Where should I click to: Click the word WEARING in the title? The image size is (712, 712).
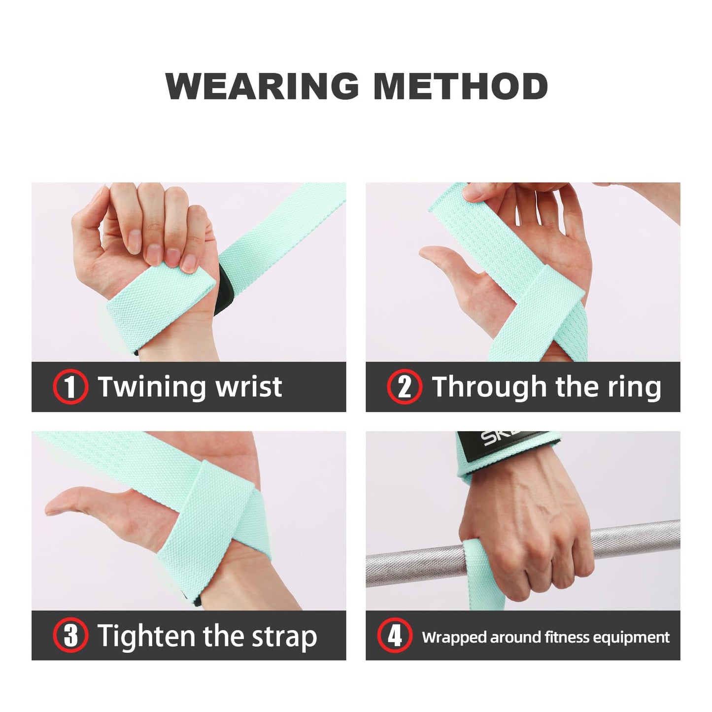(262, 86)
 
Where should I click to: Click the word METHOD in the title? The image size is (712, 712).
(460, 86)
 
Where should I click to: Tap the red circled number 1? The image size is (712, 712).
(70, 387)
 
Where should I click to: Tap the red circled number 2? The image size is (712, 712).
(404, 387)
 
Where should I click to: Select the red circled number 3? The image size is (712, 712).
(70, 635)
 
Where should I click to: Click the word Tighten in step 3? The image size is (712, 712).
(146, 635)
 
